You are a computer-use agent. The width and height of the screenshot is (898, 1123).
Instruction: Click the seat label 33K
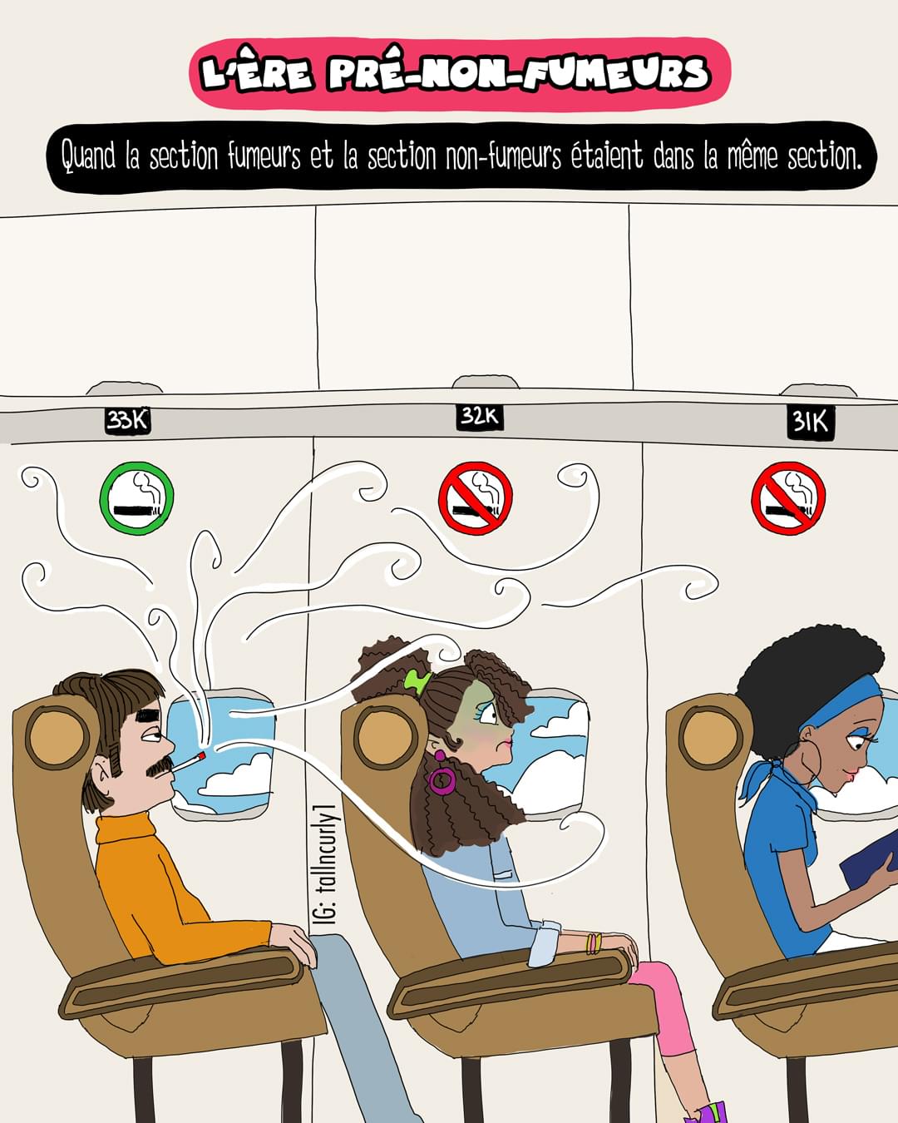click(x=127, y=420)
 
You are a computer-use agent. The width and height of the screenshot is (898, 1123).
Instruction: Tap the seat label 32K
click(x=480, y=417)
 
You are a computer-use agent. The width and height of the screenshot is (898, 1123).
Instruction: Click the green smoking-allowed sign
click(x=136, y=497)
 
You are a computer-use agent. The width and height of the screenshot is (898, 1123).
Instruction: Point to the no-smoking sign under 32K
click(x=476, y=497)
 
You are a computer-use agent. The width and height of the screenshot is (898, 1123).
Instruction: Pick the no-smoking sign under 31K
click(x=788, y=497)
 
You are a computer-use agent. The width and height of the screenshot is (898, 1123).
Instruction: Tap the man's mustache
click(x=160, y=766)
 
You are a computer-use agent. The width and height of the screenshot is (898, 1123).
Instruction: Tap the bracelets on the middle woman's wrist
click(x=594, y=943)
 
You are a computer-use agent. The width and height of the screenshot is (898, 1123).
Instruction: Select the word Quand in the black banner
click(x=87, y=156)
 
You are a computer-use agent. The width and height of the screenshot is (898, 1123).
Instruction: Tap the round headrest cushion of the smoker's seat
click(x=57, y=738)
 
